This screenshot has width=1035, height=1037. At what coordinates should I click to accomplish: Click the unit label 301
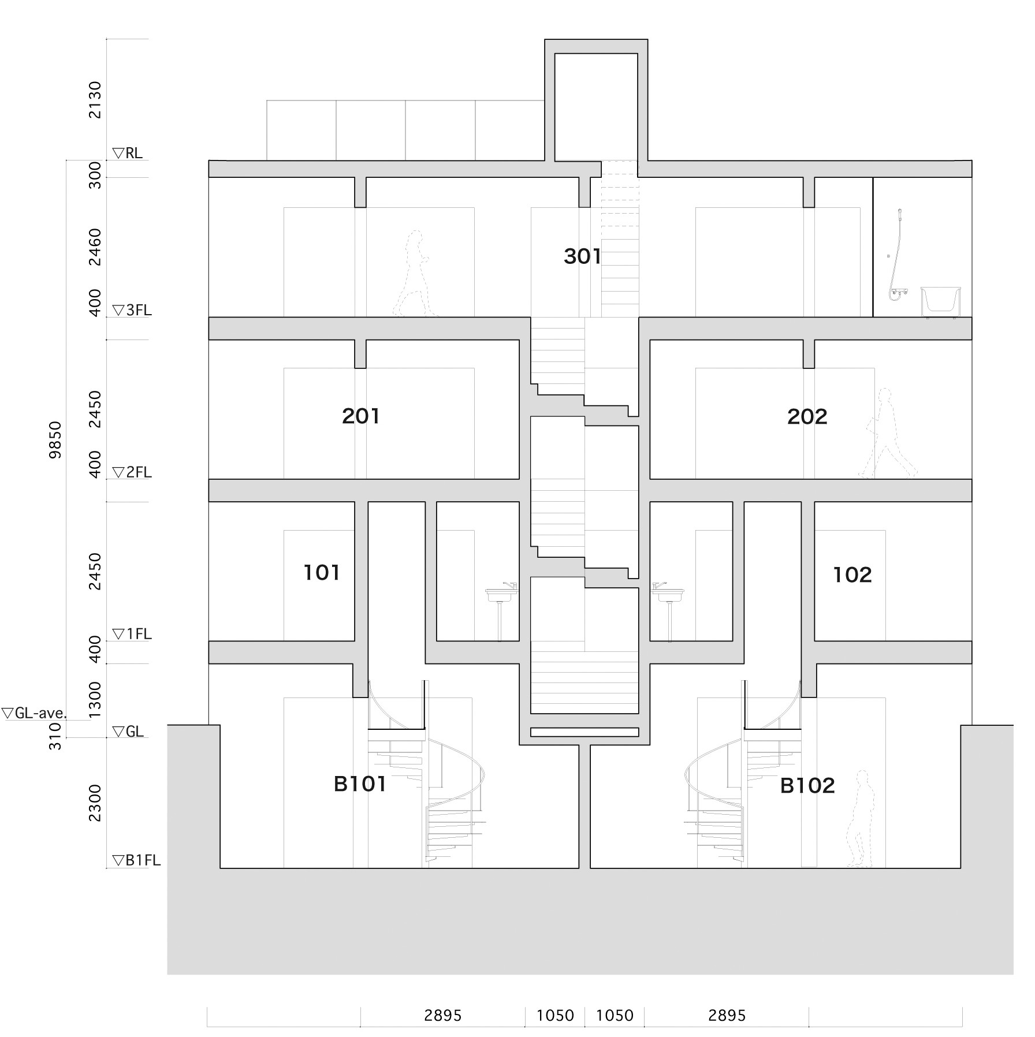[x=582, y=256]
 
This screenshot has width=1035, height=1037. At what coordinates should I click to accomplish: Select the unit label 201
[x=361, y=416]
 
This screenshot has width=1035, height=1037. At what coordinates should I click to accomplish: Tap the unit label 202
[x=807, y=416]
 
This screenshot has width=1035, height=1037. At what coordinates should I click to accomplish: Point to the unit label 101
[x=322, y=572]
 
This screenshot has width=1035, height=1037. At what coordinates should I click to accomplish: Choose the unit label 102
[x=852, y=575]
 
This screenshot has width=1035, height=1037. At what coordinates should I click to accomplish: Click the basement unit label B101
[x=360, y=784]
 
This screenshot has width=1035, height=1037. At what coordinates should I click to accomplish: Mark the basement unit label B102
[x=807, y=785]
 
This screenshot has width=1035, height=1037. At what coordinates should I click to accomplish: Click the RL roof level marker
[x=128, y=153]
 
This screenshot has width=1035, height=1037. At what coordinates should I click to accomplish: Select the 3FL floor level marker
[x=132, y=310]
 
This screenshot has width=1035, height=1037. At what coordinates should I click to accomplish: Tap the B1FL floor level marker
[x=136, y=860]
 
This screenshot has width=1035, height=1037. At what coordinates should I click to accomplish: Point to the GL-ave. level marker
[x=35, y=713]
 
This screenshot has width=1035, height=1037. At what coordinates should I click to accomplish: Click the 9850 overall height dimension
[x=55, y=440]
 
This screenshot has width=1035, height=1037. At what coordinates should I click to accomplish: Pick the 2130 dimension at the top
[x=95, y=100]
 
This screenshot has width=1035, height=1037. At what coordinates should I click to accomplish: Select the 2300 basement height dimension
[x=95, y=803]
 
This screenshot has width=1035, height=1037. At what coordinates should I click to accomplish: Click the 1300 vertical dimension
[x=95, y=700]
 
